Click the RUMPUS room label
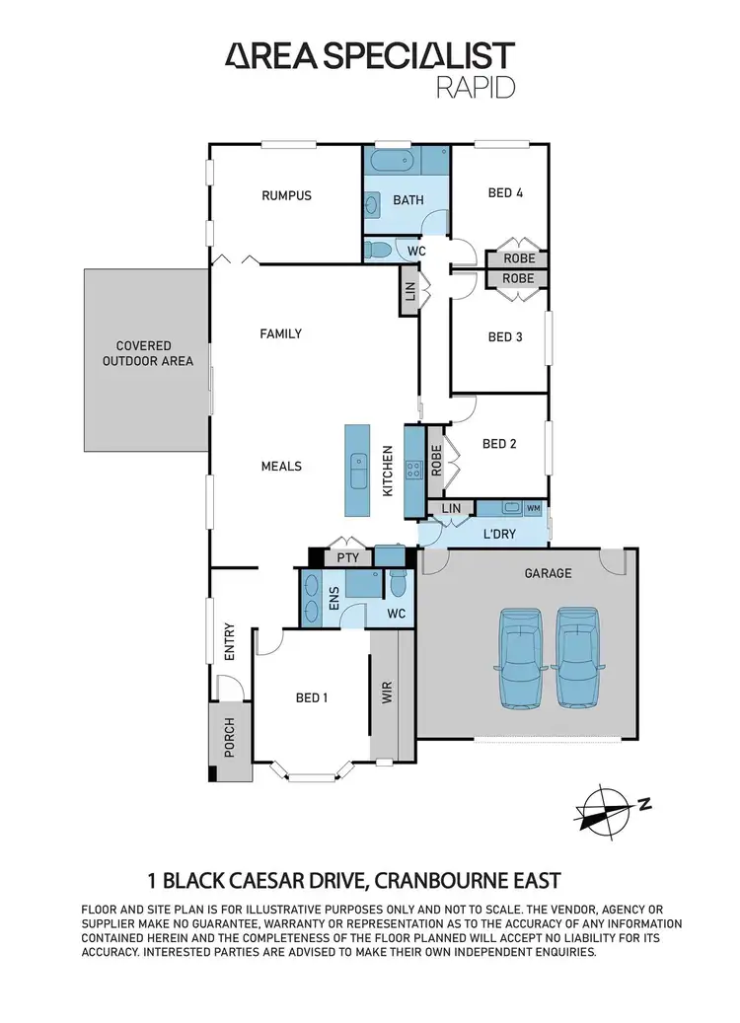(286, 195)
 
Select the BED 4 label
(505, 193)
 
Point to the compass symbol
(604, 808)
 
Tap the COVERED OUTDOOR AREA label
(143, 353)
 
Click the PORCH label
(229, 737)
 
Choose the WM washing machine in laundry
(534, 508)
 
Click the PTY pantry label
(346, 557)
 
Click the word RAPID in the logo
(476, 87)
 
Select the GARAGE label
(549, 572)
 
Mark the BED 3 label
(505, 337)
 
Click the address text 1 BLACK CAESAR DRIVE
(277, 879)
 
